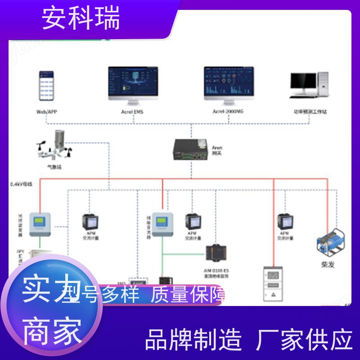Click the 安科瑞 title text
(81, 19)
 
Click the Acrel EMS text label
(132, 111)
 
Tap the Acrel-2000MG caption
(227, 111)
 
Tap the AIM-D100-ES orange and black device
(216, 253)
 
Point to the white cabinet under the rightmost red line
(274, 283)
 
